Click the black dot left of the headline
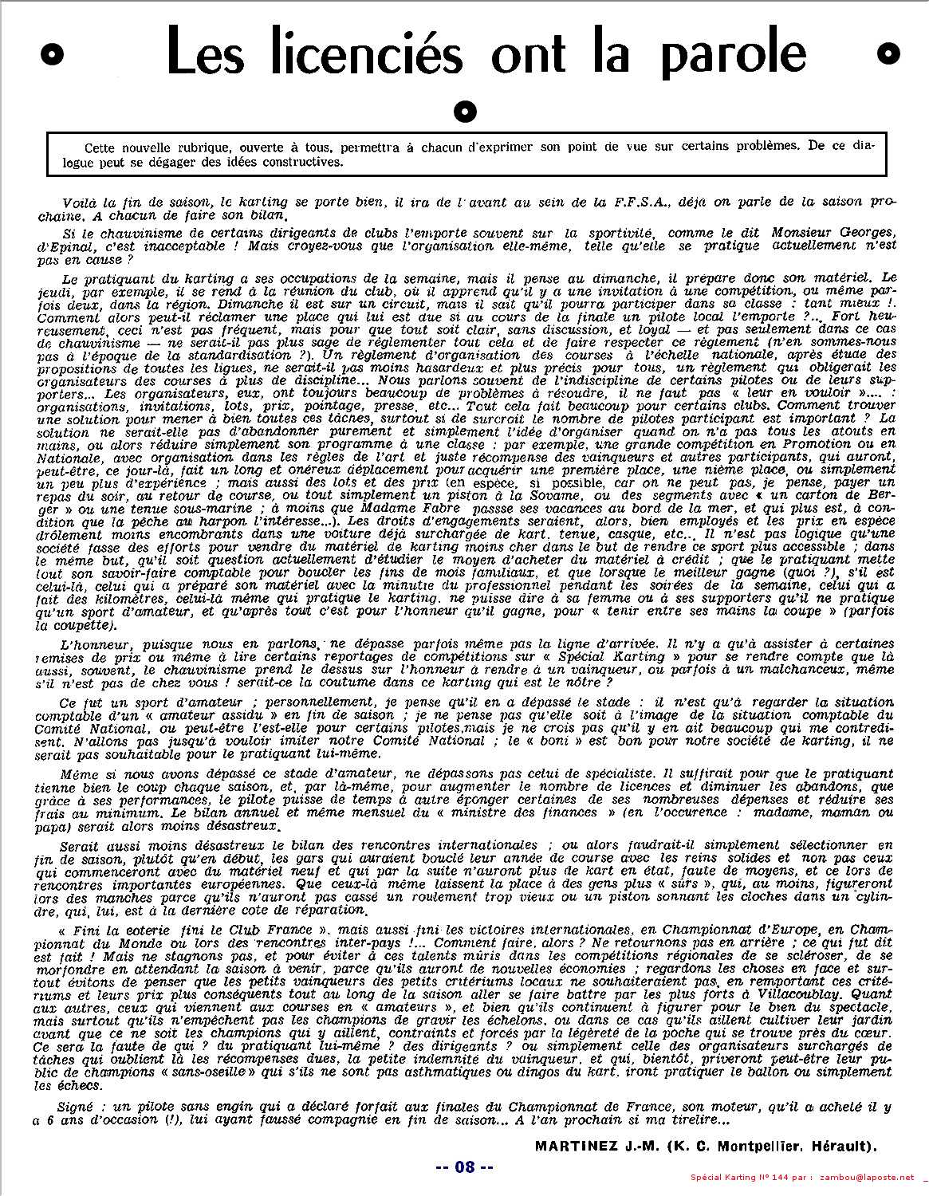point(53,53)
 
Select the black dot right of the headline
point(888,53)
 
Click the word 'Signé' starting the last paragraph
point(76,1107)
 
